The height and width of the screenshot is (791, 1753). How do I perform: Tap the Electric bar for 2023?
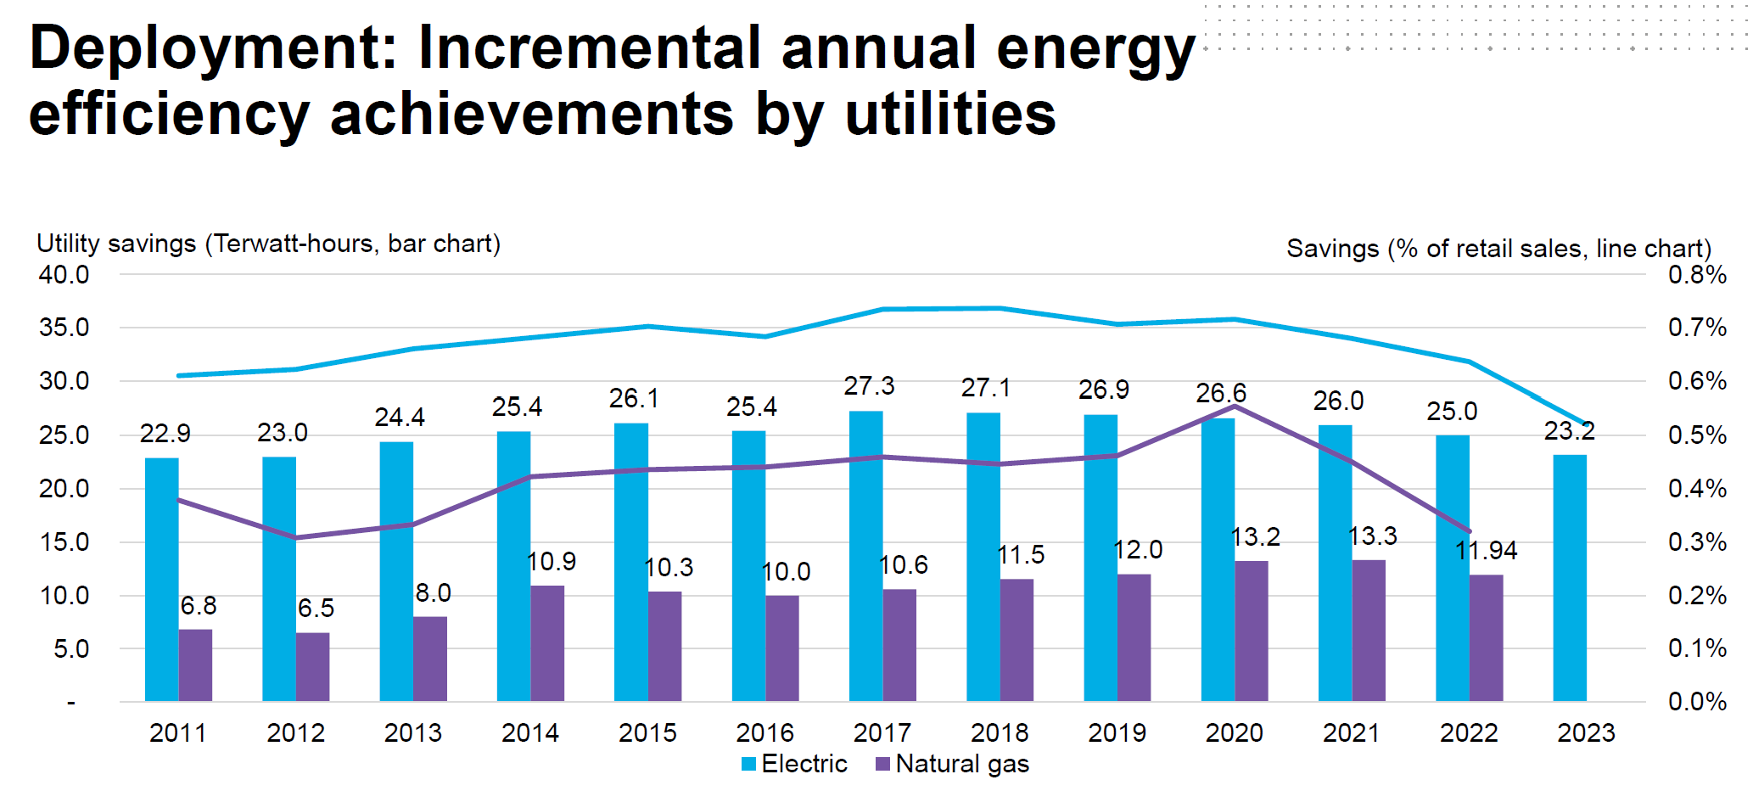pos(1570,577)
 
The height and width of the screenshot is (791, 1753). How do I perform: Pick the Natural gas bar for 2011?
pos(195,665)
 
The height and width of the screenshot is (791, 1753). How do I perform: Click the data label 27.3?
pos(869,386)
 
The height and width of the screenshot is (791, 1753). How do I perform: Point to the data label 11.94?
pos(1486,551)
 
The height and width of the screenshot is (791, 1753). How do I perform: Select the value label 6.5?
pos(316,609)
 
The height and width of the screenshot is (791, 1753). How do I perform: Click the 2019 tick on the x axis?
pos(1117,733)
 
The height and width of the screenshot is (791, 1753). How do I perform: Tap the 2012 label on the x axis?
pos(295,733)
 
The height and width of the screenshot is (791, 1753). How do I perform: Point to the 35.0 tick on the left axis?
pos(64,328)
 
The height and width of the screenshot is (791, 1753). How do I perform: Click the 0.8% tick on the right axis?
pos(1697,275)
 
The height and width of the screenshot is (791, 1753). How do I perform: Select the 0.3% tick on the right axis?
pos(1697,542)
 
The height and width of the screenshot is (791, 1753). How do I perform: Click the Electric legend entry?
pos(795,764)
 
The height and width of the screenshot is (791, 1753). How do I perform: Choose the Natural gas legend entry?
pos(952,764)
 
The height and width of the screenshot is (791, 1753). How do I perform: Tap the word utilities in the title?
pos(950,115)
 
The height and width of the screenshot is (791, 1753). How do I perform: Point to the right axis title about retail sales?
pos(1498,249)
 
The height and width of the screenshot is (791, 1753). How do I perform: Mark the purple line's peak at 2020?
pos(1235,407)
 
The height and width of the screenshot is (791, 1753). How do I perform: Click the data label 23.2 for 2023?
pos(1569,431)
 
